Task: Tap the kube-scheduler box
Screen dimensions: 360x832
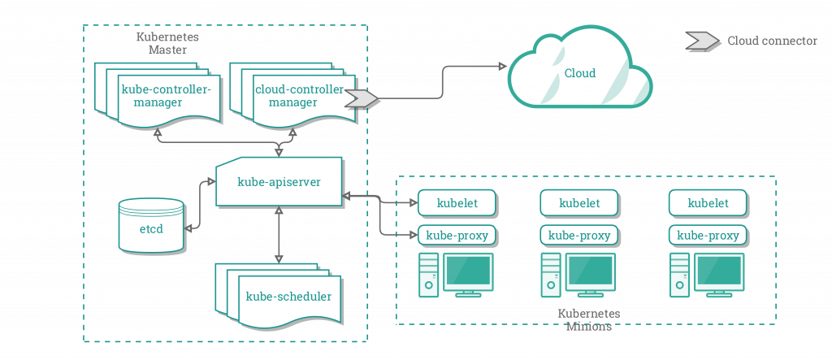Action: pyautogui.click(x=288, y=296)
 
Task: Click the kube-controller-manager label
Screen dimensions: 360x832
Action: pyautogui.click(x=165, y=96)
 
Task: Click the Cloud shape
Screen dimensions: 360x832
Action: pyautogui.click(x=579, y=74)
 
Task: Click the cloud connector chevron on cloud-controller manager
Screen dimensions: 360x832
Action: pyautogui.click(x=362, y=99)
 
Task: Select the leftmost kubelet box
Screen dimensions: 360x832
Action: pyautogui.click(x=457, y=202)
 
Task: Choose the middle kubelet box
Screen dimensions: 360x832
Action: pyautogui.click(x=580, y=202)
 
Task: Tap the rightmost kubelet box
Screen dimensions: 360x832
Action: pyautogui.click(x=708, y=202)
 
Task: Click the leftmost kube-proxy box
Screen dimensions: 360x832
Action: pyautogui.click(x=457, y=236)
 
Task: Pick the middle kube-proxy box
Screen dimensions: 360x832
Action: pyautogui.click(x=580, y=236)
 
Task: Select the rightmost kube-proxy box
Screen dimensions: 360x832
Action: pyautogui.click(x=708, y=236)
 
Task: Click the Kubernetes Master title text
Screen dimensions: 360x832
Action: pyautogui.click(x=167, y=43)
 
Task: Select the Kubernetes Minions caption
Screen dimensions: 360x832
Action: pyautogui.click(x=589, y=320)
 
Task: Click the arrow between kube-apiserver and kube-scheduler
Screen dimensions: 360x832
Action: pyautogui.click(x=279, y=233)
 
